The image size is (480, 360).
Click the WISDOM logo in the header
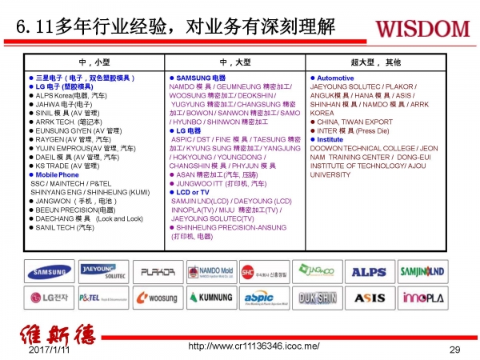422,29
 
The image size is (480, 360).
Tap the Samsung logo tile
50,271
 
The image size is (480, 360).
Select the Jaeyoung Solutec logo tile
103,271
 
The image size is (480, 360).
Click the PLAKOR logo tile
157,272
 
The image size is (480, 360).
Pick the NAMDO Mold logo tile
210,272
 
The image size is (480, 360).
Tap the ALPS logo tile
369,272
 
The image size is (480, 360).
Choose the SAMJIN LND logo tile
423,272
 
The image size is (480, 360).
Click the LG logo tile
50,298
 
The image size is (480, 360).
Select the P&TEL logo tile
103,298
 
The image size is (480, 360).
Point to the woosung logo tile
157,298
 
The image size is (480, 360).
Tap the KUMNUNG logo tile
210,298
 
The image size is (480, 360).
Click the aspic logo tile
264,298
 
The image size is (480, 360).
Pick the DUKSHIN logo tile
317,298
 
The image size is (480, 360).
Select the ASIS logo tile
369,298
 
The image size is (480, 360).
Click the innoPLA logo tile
423,298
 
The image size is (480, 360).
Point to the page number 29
455,350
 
